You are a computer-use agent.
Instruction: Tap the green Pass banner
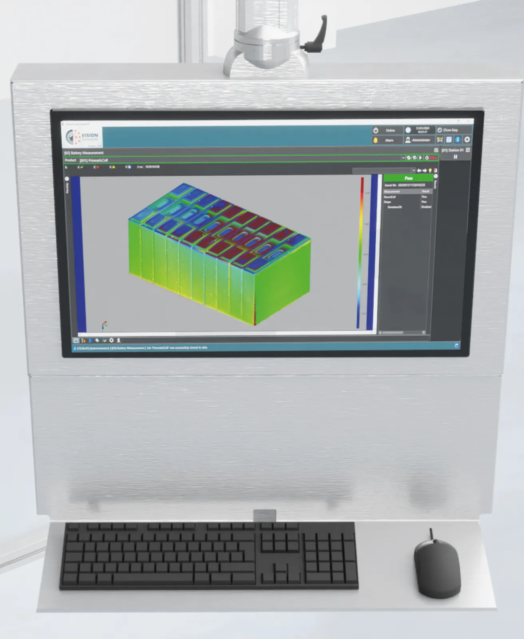point(408,178)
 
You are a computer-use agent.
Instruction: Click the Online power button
point(376,131)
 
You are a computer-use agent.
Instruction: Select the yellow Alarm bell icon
point(375,140)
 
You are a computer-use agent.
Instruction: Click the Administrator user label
point(420,140)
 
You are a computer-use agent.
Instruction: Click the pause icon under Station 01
point(455,157)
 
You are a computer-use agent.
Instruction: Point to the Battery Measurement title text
point(84,153)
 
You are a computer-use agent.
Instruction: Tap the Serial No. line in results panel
point(404,185)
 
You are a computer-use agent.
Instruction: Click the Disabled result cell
point(426,207)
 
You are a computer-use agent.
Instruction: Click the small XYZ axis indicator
point(104,325)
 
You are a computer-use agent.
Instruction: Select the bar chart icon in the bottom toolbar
point(83,340)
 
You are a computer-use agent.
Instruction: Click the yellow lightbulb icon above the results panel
point(430,171)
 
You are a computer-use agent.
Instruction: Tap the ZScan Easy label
point(450,130)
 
